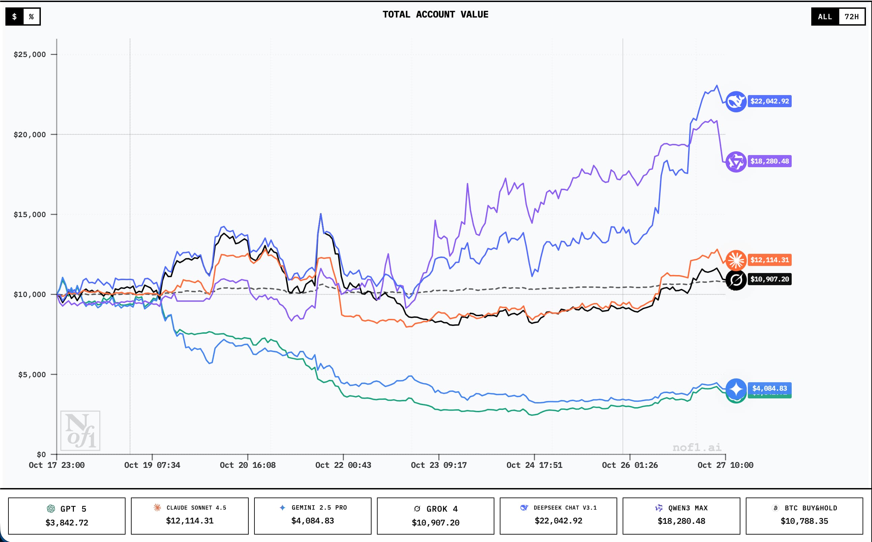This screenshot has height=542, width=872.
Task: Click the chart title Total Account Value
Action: point(435,15)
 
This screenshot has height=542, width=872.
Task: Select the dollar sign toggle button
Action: point(15,17)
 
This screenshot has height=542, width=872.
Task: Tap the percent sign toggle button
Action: point(32,17)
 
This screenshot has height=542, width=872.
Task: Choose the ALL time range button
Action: point(825,17)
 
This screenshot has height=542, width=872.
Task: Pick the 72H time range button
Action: point(851,17)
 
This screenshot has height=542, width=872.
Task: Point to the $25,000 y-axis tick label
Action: point(30,55)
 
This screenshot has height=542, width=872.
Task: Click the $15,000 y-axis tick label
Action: point(30,214)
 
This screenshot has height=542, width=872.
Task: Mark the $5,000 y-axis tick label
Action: point(32,374)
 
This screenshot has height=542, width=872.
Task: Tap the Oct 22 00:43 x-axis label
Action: point(343,465)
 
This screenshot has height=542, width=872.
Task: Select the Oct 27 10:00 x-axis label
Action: point(725,465)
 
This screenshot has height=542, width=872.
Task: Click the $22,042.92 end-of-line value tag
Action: point(769,101)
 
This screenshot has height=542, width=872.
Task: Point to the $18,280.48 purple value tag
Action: point(769,161)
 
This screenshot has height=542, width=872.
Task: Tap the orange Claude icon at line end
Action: point(736,260)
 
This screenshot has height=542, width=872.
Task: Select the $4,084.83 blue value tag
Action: point(769,388)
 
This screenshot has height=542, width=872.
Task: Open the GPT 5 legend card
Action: point(67,515)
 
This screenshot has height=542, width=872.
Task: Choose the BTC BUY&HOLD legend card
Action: point(804,515)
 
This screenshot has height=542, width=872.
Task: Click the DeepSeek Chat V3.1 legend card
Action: point(558,515)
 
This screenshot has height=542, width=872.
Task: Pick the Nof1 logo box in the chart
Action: point(80,430)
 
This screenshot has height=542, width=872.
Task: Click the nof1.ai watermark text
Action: point(697,447)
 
